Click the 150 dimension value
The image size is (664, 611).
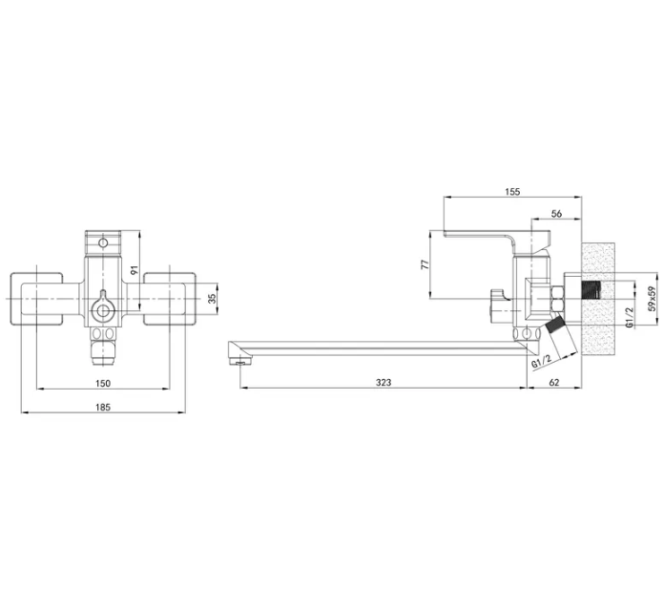(x=103, y=383)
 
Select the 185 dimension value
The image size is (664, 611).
(x=103, y=407)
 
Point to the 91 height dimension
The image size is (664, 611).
(x=135, y=269)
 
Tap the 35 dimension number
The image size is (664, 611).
(x=213, y=298)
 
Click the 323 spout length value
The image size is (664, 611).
(x=384, y=382)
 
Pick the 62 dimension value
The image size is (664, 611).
(x=554, y=382)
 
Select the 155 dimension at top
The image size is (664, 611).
(x=512, y=192)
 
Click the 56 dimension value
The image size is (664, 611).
(x=556, y=214)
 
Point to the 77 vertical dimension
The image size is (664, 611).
(x=425, y=264)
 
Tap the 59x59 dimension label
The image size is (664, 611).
(x=653, y=299)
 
